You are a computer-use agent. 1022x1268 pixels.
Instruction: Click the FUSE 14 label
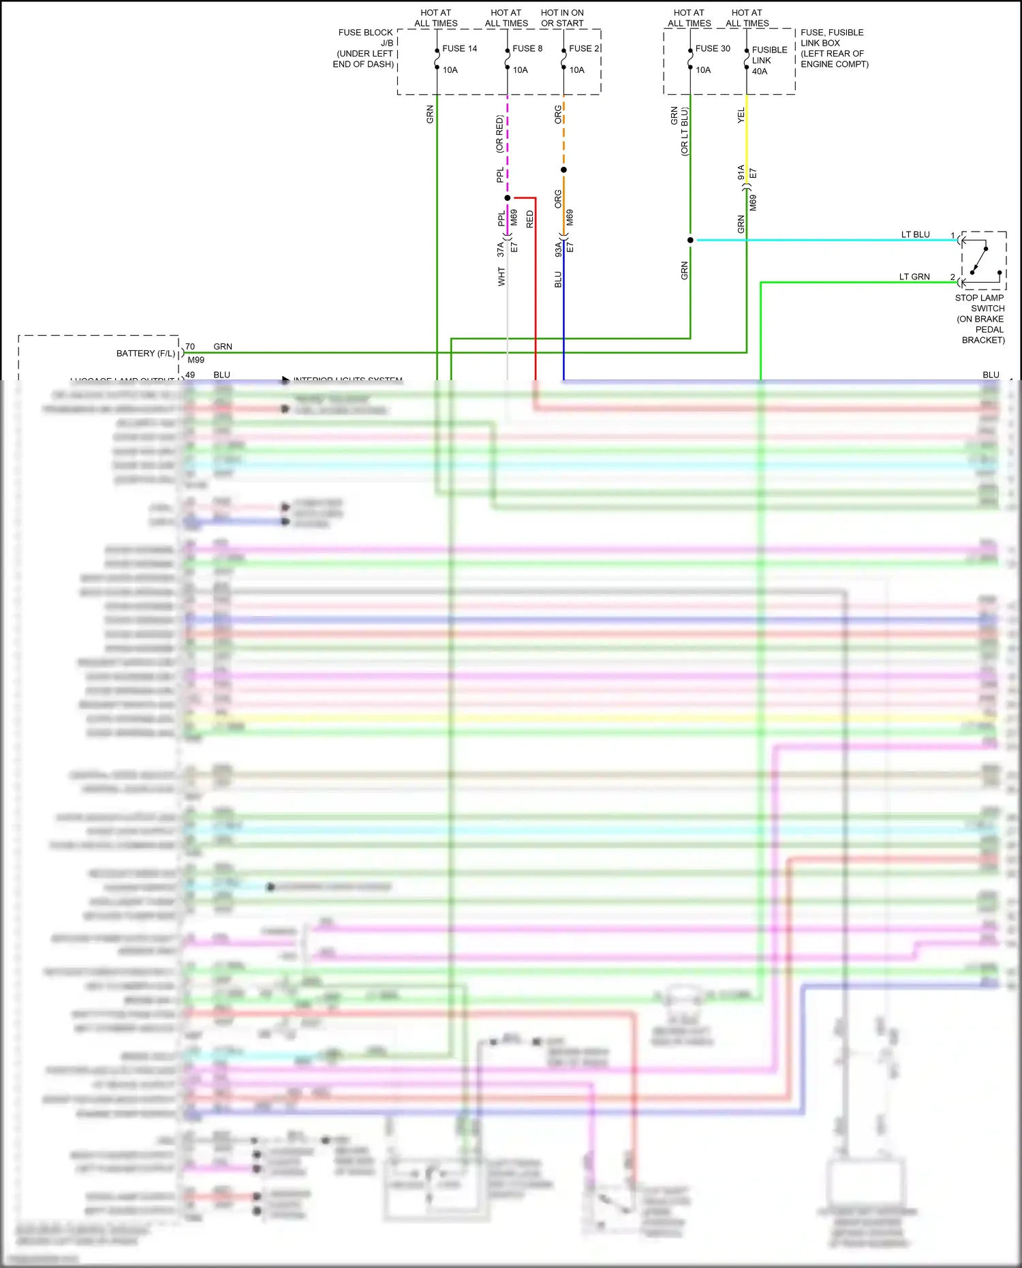tap(459, 48)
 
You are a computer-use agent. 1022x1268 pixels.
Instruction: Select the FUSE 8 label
tap(527, 48)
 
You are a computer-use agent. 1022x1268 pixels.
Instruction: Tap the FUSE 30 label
tap(712, 48)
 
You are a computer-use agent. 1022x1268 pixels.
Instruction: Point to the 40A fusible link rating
tap(759, 72)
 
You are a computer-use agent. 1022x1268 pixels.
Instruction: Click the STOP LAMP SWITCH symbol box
tap(983, 261)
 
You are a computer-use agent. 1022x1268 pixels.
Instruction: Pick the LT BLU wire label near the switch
tap(915, 234)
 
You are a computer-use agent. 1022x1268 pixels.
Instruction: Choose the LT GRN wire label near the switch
tap(914, 277)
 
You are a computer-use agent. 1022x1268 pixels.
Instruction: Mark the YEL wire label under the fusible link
tap(741, 116)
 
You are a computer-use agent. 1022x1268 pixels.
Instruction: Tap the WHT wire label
tap(501, 276)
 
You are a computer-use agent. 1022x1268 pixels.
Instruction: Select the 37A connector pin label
tap(500, 249)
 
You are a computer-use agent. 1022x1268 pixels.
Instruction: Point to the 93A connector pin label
tap(558, 249)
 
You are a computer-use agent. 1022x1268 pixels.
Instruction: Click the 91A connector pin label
tap(741, 172)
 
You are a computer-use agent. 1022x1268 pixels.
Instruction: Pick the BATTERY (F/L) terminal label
tap(145, 354)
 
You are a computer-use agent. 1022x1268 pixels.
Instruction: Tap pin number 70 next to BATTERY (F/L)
tap(190, 347)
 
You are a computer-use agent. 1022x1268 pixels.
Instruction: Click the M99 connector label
tap(196, 360)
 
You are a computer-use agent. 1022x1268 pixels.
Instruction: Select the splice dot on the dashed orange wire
tap(563, 170)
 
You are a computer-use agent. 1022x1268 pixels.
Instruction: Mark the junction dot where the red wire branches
tap(508, 198)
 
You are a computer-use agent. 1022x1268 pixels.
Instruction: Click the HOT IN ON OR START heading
tap(562, 18)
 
